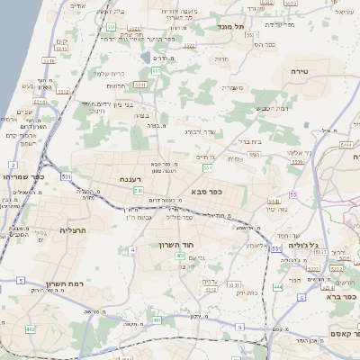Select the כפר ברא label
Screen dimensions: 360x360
tap(340, 295)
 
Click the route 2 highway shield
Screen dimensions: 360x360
tap(13, 165)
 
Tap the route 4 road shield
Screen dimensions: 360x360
tap(132, 249)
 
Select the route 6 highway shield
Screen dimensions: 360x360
tap(302, 297)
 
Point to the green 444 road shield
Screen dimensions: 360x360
tap(277, 287)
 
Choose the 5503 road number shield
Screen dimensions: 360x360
tap(255, 155)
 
